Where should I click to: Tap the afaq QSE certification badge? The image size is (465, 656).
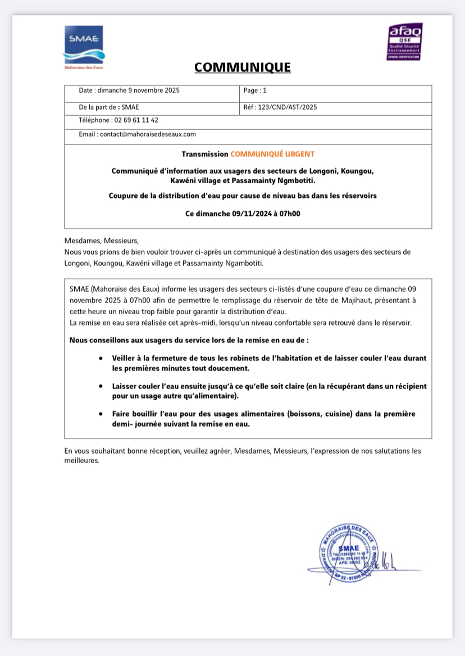coord(405,42)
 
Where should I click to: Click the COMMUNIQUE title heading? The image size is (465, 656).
coord(243,67)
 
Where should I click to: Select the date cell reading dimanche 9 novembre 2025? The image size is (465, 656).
coord(129,90)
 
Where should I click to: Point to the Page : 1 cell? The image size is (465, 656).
coord(256,90)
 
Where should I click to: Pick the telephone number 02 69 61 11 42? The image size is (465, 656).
coord(136,120)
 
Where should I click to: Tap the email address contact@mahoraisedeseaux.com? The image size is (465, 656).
coord(148,134)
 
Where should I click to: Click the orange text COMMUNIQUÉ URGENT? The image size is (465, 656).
coord(272,154)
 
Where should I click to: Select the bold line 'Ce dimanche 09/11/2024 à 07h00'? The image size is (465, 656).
coord(243,214)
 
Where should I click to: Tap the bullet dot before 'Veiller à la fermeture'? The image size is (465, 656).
coord(101,358)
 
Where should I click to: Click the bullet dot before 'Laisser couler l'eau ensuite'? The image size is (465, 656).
coord(101,386)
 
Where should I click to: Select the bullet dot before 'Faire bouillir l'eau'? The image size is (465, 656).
coord(101,414)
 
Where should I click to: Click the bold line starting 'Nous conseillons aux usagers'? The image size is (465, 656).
coord(189,340)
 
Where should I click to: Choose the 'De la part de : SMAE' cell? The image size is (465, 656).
coord(110,107)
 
